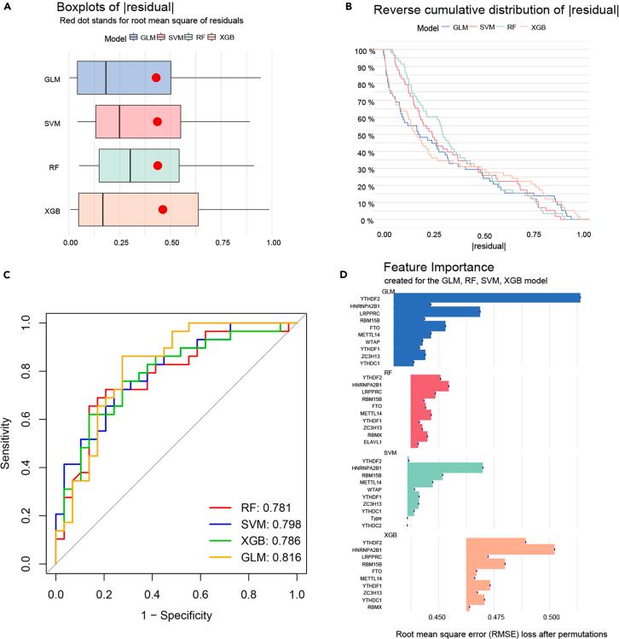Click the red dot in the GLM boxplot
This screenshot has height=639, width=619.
tap(156, 78)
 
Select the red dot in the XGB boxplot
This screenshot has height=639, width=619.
tap(163, 209)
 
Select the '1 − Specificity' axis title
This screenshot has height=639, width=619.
tap(176, 614)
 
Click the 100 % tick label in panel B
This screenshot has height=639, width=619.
tap(366, 51)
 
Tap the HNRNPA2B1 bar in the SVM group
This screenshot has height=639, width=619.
tap(446, 468)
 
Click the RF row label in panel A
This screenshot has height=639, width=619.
tap(53, 166)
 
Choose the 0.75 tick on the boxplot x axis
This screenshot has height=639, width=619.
tap(223, 241)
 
